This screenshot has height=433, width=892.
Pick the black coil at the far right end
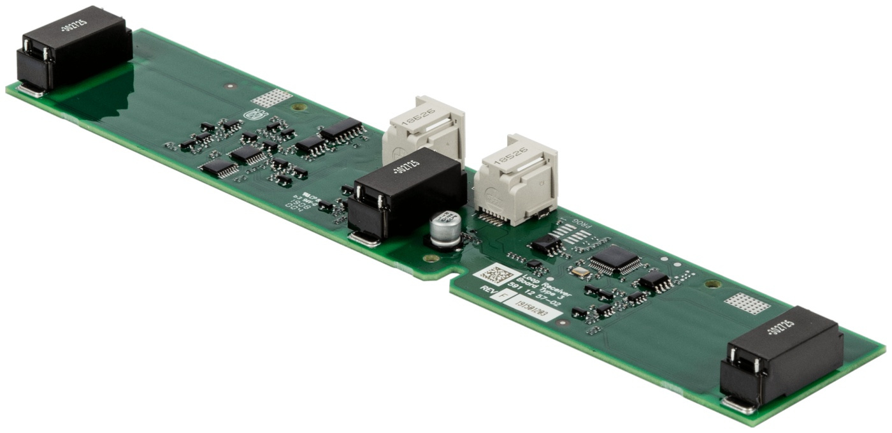click(781, 357)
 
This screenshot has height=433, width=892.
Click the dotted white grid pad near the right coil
click(747, 304)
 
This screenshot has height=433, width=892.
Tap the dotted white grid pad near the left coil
click(271, 98)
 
